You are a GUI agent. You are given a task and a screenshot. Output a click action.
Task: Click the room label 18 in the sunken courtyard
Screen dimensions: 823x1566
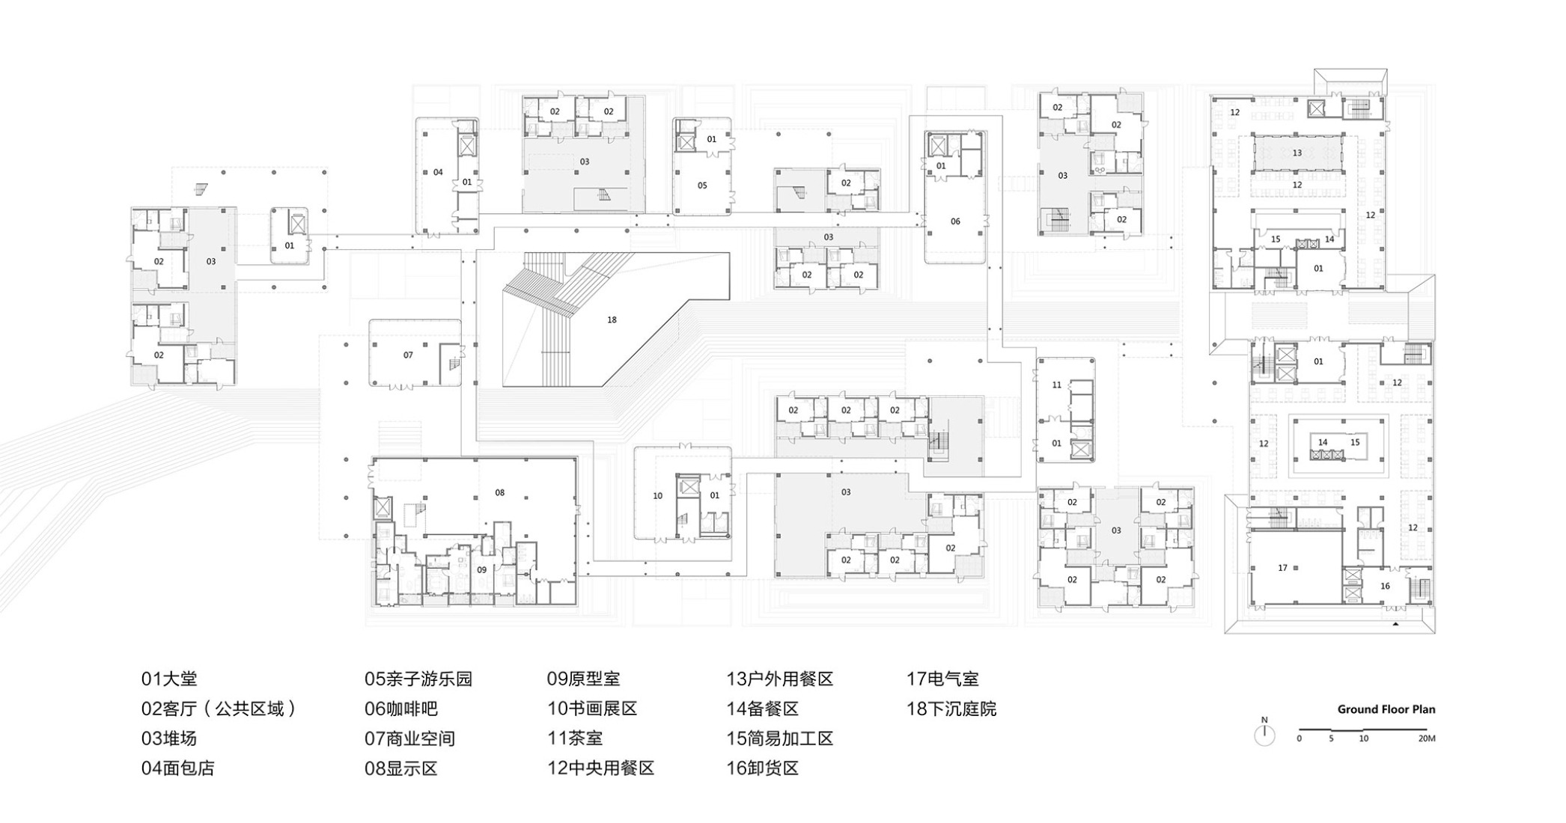612,319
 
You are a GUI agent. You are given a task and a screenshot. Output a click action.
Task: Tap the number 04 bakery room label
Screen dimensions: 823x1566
438,172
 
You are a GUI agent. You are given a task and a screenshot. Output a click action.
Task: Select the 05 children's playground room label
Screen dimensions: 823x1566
702,185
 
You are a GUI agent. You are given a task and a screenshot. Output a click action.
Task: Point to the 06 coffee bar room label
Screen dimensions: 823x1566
955,221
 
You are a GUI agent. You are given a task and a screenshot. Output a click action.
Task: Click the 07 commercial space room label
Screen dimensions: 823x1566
408,355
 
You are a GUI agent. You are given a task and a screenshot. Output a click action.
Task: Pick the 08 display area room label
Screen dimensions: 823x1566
500,492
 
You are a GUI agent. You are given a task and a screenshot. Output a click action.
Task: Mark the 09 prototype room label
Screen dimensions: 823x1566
481,569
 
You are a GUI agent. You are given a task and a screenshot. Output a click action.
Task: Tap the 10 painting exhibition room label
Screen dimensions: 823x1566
657,495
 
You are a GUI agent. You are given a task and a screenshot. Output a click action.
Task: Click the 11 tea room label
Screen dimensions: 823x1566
1056,385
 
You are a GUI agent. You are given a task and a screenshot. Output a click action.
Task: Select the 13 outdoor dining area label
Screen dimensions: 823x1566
1297,153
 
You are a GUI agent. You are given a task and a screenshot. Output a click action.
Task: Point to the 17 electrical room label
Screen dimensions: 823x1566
1282,568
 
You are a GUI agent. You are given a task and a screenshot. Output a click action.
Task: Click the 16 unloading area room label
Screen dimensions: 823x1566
1385,586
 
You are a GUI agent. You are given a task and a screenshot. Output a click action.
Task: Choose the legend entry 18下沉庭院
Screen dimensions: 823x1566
951,709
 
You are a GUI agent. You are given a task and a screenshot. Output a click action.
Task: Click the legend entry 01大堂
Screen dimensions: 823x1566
169,679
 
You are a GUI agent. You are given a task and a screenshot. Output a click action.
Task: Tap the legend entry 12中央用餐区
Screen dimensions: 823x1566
600,768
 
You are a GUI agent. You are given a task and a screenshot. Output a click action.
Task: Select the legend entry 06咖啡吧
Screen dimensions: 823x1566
400,709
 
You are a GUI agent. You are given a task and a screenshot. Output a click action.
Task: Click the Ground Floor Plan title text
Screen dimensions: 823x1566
1386,709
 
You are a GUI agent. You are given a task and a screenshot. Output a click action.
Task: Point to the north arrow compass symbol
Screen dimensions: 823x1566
1264,734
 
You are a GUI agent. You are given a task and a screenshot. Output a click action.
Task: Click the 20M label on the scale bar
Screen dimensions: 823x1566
1426,738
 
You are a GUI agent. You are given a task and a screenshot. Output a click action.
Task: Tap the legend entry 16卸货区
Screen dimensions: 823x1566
762,768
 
